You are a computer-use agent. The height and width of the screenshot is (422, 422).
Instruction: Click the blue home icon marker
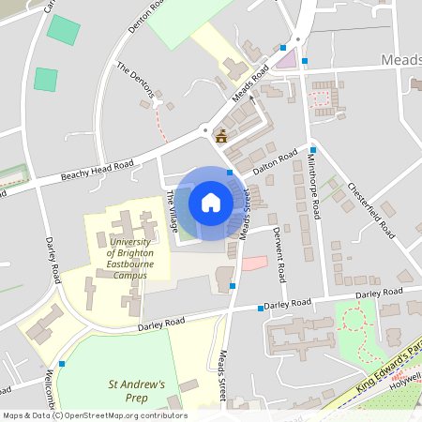click(211, 202)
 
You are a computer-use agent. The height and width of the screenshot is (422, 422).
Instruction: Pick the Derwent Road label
click(279, 253)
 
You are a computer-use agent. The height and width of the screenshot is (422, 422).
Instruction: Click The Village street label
click(172, 210)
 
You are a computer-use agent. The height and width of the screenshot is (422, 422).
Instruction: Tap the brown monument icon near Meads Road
click(221, 136)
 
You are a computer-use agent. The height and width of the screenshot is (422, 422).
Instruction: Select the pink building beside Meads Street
click(254, 263)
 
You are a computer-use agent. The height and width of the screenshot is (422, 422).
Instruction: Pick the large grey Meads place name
click(401, 60)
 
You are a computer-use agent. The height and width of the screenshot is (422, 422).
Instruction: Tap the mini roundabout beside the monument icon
click(203, 129)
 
